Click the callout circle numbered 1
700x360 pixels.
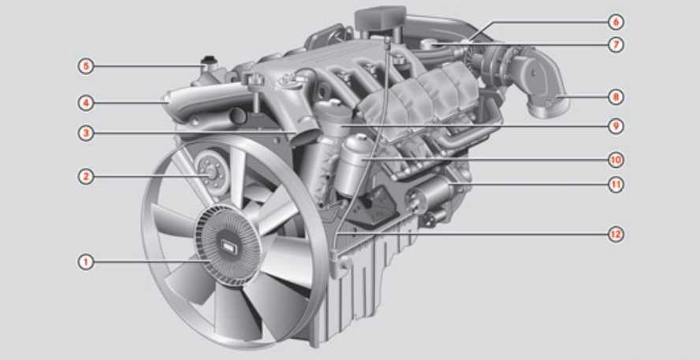86,262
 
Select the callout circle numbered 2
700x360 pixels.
86,176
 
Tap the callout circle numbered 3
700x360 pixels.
86,133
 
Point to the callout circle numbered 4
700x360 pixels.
86,103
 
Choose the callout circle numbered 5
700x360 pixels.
86,67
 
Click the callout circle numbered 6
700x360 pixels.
616,21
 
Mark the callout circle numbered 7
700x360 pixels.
616,45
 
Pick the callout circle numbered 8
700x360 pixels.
616,97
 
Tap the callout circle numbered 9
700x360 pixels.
616,126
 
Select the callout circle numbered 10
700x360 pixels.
616,160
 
